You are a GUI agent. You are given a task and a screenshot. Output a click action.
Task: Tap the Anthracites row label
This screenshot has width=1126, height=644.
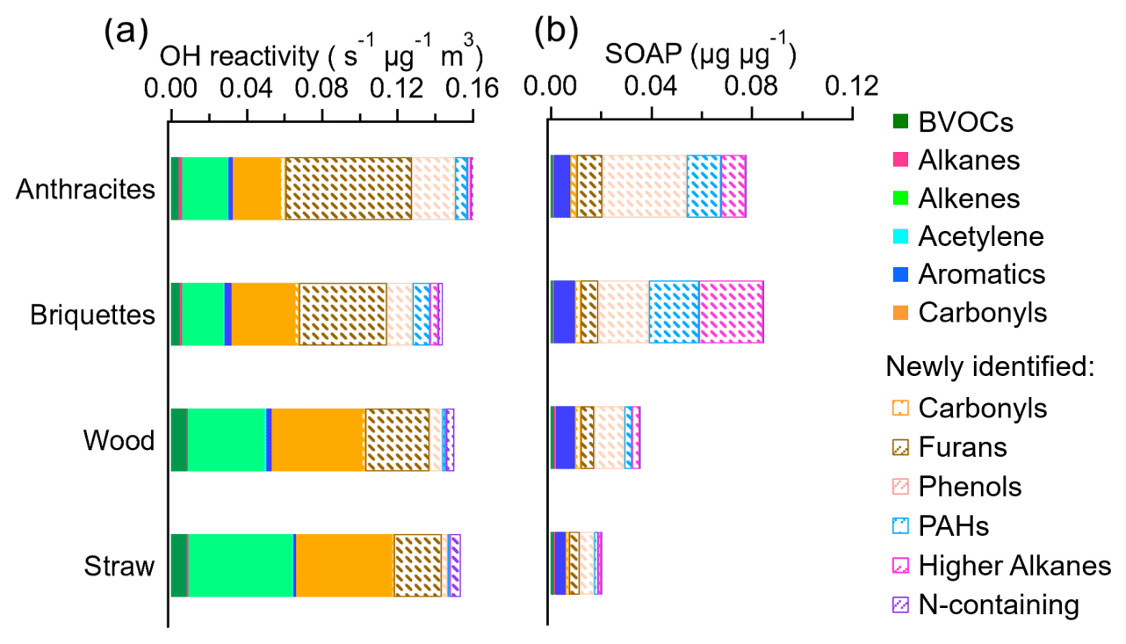86,189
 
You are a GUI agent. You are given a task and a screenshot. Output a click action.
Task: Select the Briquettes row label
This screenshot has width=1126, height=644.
93,315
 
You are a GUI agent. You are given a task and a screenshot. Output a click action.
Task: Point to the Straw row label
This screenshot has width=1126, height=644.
119,566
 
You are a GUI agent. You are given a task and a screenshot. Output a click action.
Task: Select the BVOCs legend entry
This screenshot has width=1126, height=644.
965,122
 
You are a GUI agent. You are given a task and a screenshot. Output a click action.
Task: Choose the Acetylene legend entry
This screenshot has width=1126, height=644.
980,236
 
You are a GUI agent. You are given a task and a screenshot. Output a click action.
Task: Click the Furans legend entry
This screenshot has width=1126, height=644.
963,447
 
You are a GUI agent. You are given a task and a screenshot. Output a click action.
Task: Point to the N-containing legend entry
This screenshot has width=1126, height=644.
998,604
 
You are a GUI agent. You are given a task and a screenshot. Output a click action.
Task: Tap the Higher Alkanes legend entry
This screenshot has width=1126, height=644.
1014,565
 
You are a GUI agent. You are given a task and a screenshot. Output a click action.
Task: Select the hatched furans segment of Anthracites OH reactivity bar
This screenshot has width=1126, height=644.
348,189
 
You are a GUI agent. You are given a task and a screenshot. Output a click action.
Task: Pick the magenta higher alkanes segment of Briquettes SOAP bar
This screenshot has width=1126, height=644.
731,313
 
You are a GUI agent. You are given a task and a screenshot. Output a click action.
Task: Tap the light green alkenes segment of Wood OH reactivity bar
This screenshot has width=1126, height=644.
227,440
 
